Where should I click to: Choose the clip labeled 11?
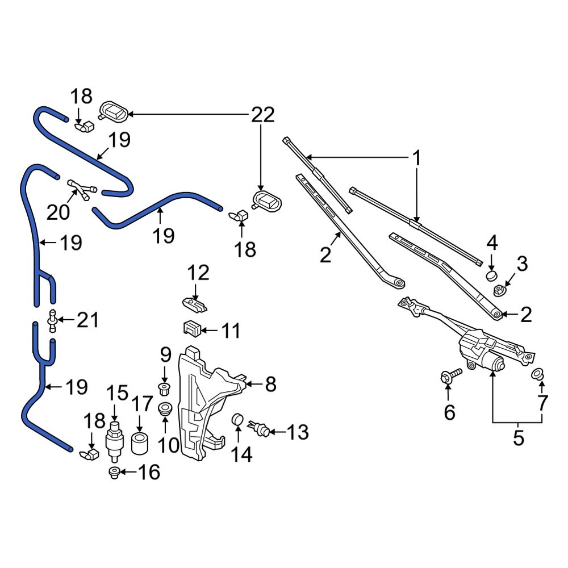[x=191, y=328]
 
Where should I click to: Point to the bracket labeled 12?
[x=194, y=305]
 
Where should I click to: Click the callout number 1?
[x=416, y=158]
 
